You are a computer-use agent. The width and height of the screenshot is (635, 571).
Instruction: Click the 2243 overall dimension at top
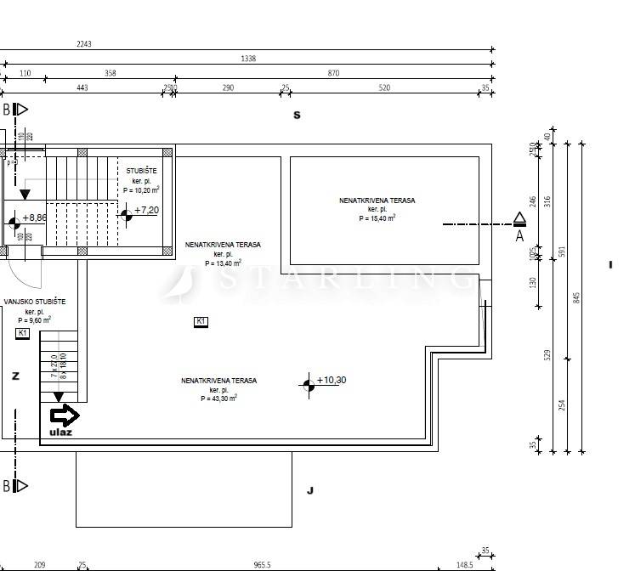coord(83,44)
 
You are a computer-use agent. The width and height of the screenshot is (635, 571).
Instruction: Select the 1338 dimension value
coord(248,59)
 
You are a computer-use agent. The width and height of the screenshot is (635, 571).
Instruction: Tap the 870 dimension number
coord(333,73)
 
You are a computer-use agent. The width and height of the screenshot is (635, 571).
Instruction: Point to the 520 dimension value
coord(384,88)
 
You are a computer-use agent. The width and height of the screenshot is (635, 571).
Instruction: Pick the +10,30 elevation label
coord(331,380)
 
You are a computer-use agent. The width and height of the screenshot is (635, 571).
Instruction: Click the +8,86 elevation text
coord(35,218)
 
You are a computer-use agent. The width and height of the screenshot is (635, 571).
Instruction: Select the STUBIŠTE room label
coord(141,171)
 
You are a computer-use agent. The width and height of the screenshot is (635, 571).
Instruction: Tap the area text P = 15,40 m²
coord(377,218)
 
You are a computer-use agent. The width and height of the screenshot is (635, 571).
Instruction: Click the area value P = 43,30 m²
coord(218,398)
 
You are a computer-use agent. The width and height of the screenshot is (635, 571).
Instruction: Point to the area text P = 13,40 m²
coord(223,263)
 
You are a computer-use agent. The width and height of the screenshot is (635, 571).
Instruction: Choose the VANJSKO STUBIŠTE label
coord(35,302)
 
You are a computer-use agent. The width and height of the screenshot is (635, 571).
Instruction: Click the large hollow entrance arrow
coord(65,416)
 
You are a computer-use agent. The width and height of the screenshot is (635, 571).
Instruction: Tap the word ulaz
coord(60,432)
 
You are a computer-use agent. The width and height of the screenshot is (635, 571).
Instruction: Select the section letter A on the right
coord(519,237)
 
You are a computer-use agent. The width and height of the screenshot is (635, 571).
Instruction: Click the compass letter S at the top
coord(297,116)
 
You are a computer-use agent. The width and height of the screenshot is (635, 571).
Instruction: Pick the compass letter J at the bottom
coord(310,490)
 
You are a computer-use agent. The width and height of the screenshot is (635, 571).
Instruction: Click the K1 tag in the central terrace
coord(201,321)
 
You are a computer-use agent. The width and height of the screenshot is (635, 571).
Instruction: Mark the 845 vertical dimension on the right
coord(575,297)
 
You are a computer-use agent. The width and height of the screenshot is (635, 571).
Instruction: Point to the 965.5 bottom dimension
coord(262,565)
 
